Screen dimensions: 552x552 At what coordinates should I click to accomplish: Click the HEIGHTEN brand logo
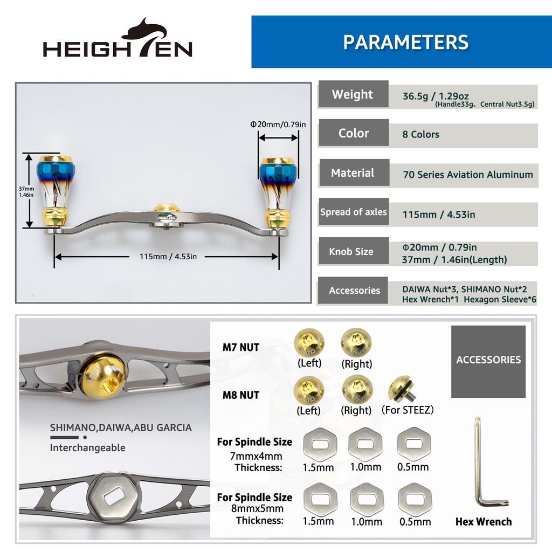coord(118,38)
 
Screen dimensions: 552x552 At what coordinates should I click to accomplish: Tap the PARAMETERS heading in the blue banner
coord(405,42)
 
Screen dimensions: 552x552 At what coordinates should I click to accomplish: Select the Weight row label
coord(353,94)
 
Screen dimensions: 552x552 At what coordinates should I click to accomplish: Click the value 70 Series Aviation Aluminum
coord(468,175)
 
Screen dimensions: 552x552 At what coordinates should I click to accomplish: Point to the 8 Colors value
coord(420,134)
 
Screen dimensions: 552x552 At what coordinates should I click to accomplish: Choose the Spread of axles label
coord(354,212)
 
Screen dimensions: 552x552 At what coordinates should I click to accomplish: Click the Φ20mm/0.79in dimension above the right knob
coord(278,125)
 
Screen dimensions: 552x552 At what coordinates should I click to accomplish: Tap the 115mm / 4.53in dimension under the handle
coord(168,257)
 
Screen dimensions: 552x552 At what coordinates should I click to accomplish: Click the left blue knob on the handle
coord(56,192)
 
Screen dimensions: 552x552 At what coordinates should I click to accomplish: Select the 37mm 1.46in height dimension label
coord(26,192)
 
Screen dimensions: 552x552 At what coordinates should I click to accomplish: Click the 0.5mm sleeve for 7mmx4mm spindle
coord(414,444)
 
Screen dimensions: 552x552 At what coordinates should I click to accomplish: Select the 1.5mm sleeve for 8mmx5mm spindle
coord(320,500)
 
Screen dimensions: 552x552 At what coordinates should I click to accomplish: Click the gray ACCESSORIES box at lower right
coord(488,362)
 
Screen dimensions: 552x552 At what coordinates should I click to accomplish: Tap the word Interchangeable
coord(88,448)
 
